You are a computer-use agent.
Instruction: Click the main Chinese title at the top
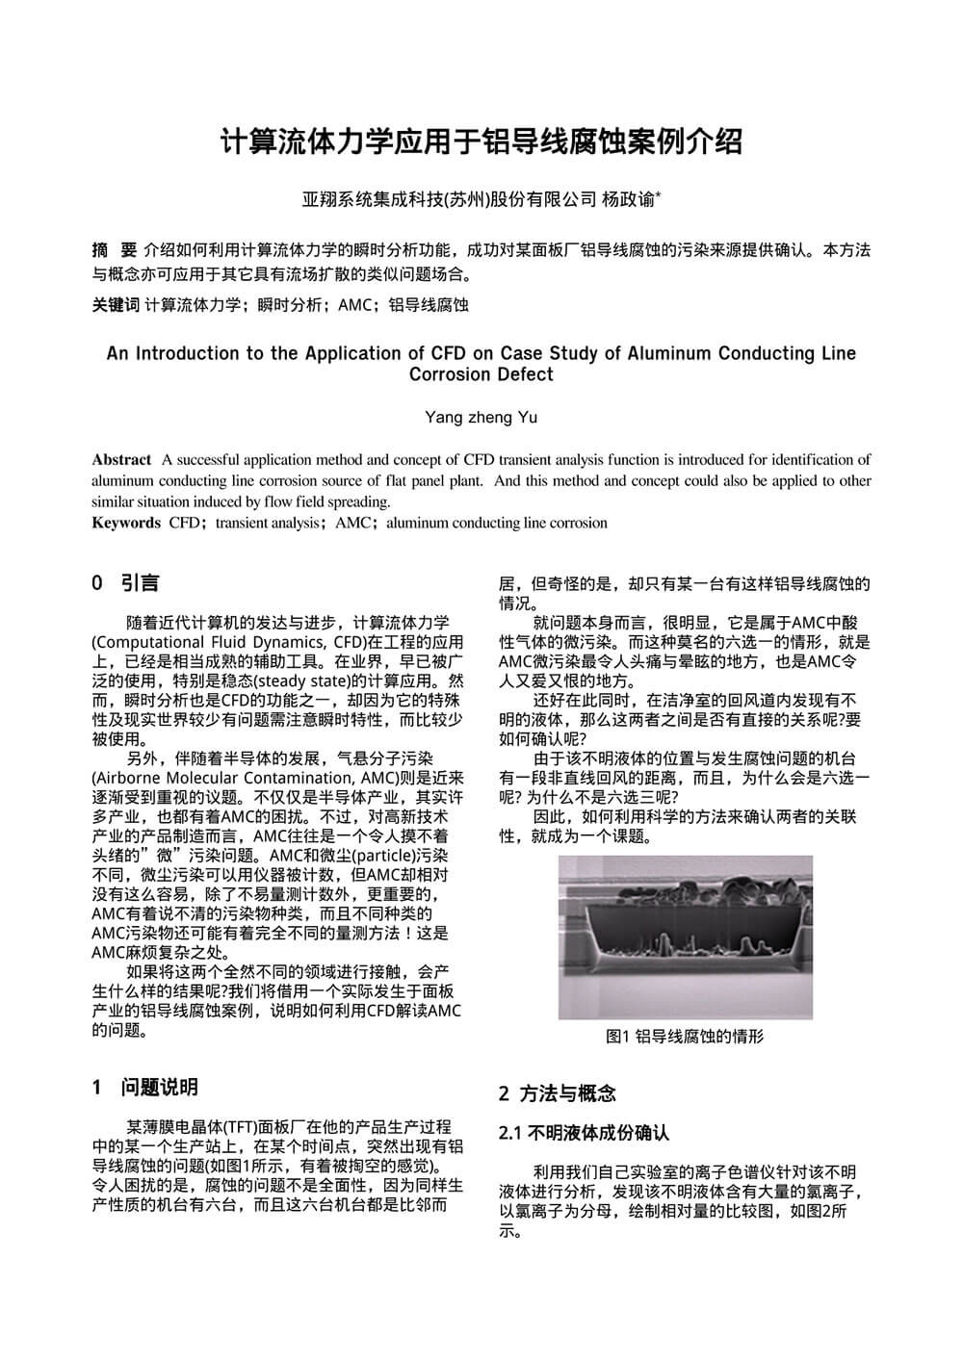click(x=481, y=142)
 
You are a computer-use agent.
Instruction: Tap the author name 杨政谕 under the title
click(x=629, y=200)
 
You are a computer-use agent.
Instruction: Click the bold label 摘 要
click(x=114, y=250)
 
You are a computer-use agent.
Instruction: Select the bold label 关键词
click(x=116, y=305)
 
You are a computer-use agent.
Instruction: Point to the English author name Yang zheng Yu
click(x=481, y=418)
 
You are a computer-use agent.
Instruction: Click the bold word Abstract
click(x=121, y=460)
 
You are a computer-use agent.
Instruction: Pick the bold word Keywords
click(x=126, y=524)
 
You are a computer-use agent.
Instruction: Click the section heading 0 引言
click(x=125, y=583)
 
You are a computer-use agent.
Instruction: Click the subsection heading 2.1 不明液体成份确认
click(x=584, y=1133)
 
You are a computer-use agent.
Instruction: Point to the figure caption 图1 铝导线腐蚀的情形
click(x=685, y=1037)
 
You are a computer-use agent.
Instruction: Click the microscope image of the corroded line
click(x=685, y=937)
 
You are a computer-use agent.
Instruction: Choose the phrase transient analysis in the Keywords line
click(x=267, y=524)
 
